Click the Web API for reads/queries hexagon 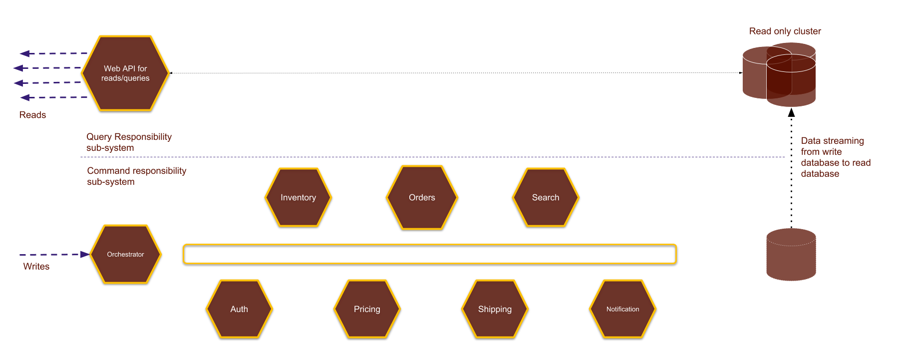[x=125, y=73]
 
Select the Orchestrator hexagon [x=125, y=254]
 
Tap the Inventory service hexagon [x=298, y=197]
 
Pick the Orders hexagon [x=422, y=197]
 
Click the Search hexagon [x=546, y=197]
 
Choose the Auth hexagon [x=239, y=309]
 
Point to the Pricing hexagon [x=367, y=309]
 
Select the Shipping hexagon [x=495, y=309]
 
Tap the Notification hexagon [x=622, y=309]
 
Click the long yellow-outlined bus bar [x=429, y=254]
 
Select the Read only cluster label [x=785, y=31]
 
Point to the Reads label [x=32, y=115]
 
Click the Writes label [x=36, y=266]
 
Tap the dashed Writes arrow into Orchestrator [x=52, y=255]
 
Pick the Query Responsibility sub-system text [x=128, y=142]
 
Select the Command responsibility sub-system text [x=136, y=176]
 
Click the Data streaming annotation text [x=835, y=157]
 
